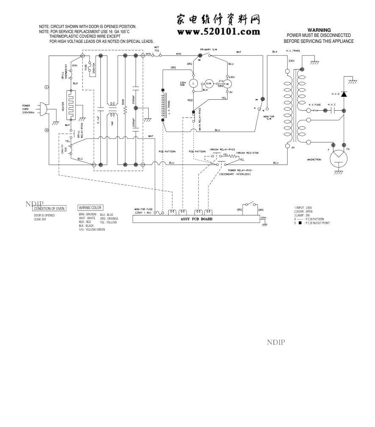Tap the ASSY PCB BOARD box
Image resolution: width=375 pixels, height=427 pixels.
[197, 219]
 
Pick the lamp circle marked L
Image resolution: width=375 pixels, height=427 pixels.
[193, 83]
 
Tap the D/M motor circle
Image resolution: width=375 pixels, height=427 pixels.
[209, 83]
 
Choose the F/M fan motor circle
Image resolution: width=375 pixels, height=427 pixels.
[226, 85]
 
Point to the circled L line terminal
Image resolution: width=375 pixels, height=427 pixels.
[47, 87]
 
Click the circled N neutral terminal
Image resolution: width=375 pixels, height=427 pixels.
[47, 130]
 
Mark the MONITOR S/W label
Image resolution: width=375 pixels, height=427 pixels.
[267, 117]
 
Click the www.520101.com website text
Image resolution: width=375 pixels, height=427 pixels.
[219, 32]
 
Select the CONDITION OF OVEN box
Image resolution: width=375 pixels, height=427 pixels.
[50, 208]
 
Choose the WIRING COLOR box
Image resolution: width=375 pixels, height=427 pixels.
[90, 208]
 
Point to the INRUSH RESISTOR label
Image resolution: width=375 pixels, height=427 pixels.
[247, 153]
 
